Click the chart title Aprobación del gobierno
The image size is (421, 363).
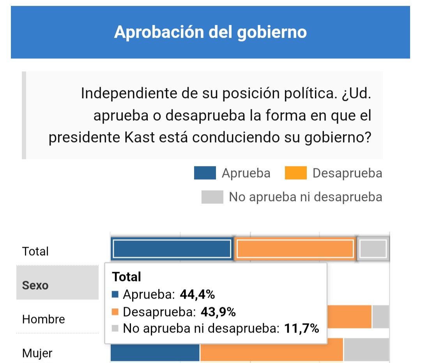click(210, 32)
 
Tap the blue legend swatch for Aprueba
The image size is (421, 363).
click(205, 173)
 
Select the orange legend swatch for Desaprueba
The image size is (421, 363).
click(295, 173)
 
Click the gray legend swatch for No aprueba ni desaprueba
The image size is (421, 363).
click(212, 197)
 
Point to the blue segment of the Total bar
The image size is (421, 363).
click(172, 249)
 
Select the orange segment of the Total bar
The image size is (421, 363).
click(295, 249)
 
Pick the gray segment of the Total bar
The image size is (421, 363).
click(373, 249)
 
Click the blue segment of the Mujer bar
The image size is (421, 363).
click(155, 350)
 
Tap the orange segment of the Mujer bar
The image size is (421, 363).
click(271, 350)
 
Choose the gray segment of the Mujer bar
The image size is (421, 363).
click(366, 350)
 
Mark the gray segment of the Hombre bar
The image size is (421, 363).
click(380, 317)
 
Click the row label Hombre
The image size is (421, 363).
click(44, 319)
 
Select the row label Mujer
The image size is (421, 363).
click(37, 354)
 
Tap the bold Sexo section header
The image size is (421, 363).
click(35, 285)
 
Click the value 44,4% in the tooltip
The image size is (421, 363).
click(197, 294)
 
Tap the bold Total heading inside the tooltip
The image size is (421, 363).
click(126, 277)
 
